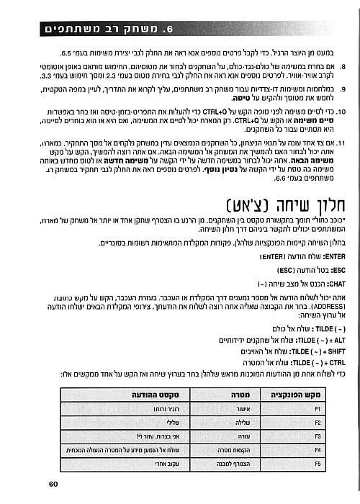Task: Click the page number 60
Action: (54, 484)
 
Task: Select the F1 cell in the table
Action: (317, 408)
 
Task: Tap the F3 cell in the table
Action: (317, 436)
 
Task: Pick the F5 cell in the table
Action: (317, 465)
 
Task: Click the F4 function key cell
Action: (317, 451)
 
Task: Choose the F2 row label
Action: (317, 422)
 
